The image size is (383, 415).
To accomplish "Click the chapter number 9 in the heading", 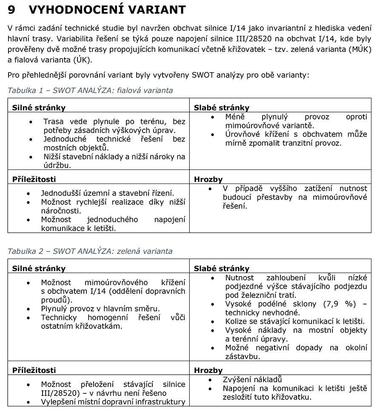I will click(11, 9).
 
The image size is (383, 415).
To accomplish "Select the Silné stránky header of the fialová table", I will click(39, 107).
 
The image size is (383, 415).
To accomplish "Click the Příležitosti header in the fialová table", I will click(34, 179).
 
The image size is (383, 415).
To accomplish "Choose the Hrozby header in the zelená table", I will click(208, 370).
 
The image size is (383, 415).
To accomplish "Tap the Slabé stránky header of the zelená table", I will click(221, 268).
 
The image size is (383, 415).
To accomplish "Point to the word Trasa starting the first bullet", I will click(54, 121).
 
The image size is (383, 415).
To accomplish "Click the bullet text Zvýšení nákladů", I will click(252, 379).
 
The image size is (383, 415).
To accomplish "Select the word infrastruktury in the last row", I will click(159, 402).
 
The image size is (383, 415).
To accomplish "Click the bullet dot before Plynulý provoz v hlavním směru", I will click(28, 309).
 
